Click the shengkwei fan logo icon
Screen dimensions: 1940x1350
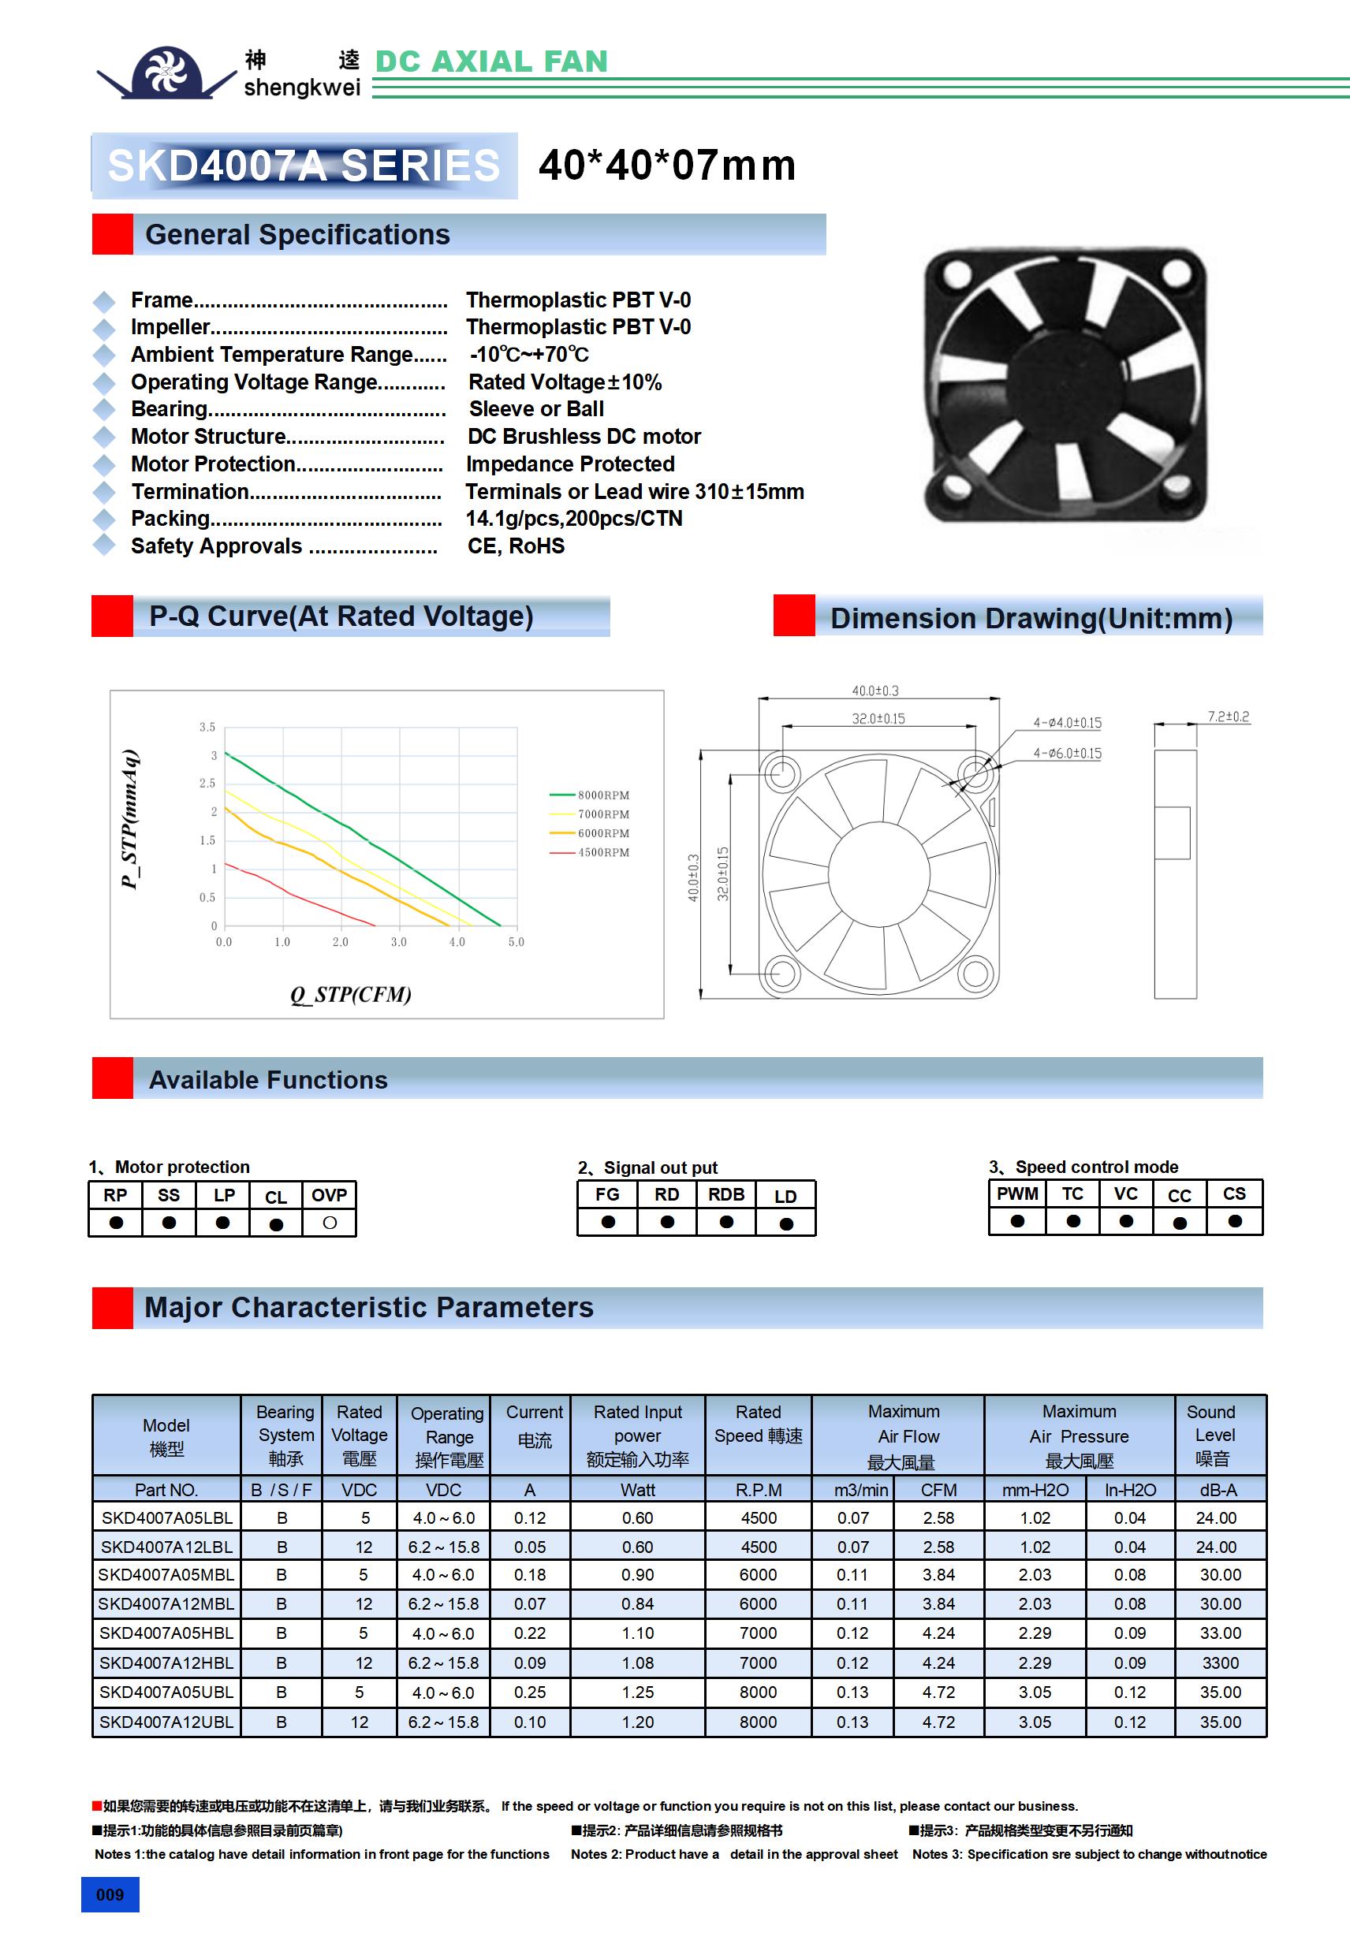point(166,71)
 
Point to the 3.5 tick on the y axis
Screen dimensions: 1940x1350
point(207,727)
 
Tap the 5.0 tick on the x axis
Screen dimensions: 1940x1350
point(516,942)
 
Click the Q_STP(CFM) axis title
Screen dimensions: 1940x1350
point(351,995)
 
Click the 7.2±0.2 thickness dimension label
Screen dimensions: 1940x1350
point(1228,717)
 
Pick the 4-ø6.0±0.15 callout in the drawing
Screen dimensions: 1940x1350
point(1067,753)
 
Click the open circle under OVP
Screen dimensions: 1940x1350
point(330,1223)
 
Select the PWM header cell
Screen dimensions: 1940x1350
point(1017,1194)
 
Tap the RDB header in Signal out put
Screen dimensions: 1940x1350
point(726,1195)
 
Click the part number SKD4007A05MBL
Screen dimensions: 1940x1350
point(166,1575)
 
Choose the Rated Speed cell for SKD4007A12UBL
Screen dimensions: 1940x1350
point(759,1722)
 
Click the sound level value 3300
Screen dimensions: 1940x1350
point(1220,1663)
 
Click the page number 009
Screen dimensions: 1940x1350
point(110,1894)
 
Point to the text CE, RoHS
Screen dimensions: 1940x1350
point(516,546)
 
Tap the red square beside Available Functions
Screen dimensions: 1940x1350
point(113,1078)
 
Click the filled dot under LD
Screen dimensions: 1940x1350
point(785,1223)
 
